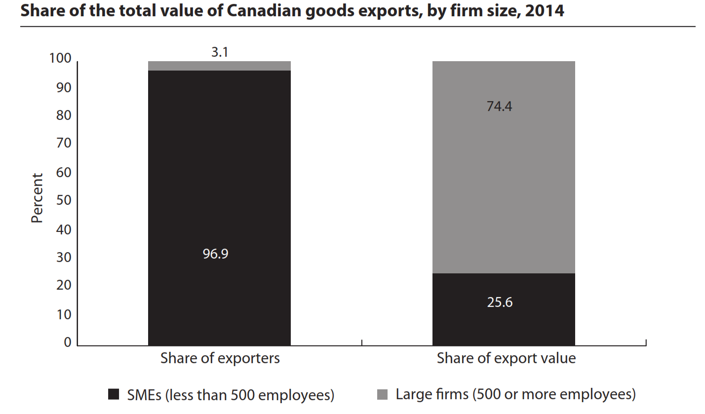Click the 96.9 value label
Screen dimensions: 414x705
tap(215, 255)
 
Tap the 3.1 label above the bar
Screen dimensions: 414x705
tap(219, 52)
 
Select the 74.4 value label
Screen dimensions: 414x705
tap(499, 106)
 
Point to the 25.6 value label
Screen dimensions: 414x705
tap(500, 302)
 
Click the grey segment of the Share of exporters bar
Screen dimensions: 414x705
tap(219, 66)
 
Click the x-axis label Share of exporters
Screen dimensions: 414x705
tap(220, 358)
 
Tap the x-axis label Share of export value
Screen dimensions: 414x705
tap(506, 358)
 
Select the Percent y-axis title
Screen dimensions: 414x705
tap(38, 197)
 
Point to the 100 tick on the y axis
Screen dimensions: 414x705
tap(61, 59)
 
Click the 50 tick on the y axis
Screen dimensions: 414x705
tap(64, 201)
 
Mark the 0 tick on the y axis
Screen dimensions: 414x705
tap(68, 343)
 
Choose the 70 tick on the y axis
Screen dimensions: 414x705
tap(64, 144)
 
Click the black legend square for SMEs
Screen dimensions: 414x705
tap(114, 394)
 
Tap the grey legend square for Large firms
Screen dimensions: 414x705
tap(383, 394)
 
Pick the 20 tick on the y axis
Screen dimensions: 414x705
tap(64, 286)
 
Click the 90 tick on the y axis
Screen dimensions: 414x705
tap(64, 88)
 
